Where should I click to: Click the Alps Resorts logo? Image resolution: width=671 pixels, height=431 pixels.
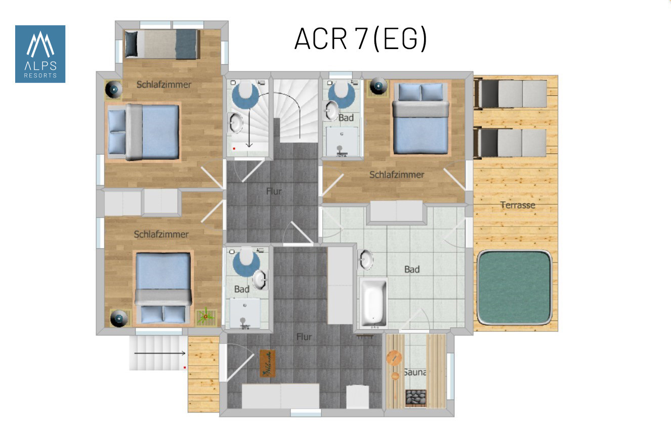tap(40, 54)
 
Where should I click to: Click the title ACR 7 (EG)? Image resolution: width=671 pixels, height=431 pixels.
tap(360, 38)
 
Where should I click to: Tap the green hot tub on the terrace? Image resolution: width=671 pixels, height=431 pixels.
tap(514, 287)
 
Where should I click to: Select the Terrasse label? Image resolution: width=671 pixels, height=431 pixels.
tap(518, 205)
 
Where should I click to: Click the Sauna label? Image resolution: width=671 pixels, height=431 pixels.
tap(414, 372)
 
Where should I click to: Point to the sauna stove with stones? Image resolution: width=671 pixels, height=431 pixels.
tap(415, 398)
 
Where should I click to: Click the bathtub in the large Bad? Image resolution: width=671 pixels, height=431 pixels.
tap(373, 303)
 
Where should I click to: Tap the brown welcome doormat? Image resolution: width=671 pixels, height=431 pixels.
tap(268, 363)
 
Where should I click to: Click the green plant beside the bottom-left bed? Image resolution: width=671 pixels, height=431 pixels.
tap(205, 317)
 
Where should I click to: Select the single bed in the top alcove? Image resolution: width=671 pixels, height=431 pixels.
tap(161, 44)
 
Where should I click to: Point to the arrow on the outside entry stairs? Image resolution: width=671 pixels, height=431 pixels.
tap(160, 354)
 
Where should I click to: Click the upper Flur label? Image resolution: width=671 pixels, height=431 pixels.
tap(274, 191)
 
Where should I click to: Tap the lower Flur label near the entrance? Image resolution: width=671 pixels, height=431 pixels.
tap(304, 337)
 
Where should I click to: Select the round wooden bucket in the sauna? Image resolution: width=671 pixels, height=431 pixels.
tap(394, 358)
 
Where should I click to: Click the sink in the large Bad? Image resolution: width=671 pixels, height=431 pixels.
tap(366, 260)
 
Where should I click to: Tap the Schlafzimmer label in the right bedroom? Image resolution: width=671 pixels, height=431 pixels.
tap(397, 175)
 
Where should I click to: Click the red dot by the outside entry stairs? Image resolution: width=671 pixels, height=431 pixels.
tap(185, 367)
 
